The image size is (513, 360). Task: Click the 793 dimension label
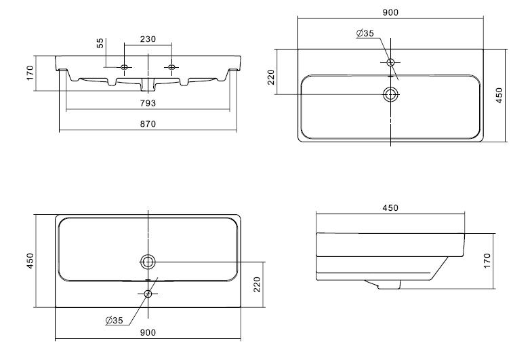point(148,103)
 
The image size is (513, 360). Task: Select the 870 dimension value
point(148,123)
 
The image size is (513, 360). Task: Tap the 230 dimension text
point(148,39)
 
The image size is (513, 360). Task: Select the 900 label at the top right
point(390,12)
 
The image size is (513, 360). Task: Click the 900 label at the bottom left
point(148,332)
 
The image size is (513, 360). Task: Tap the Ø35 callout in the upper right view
point(365,33)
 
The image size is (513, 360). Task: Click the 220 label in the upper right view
point(272,78)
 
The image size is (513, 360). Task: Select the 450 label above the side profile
point(390,207)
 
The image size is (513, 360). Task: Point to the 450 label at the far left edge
point(29,260)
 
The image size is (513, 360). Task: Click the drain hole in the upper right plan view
point(390,94)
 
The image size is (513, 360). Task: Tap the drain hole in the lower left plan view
point(148,261)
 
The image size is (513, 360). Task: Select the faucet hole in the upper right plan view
point(390,62)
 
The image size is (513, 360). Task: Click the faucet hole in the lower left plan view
point(148,294)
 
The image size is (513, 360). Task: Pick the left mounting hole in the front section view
point(125,67)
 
